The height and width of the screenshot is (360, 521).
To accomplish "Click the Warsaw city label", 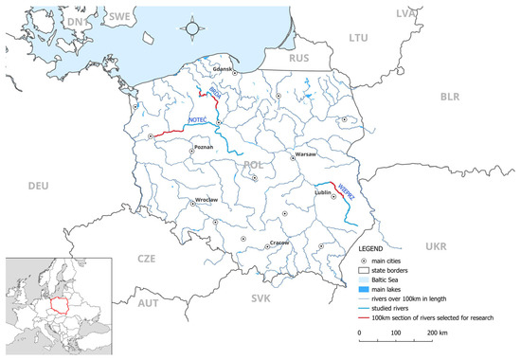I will click(x=305, y=153).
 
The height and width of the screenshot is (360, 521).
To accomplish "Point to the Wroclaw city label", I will click(x=206, y=199).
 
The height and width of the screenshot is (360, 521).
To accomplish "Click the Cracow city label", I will click(x=279, y=242).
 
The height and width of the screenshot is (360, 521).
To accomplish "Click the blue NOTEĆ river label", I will click(x=196, y=122).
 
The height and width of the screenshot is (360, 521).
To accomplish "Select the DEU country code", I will click(x=38, y=186).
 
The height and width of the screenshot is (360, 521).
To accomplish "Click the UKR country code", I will click(x=435, y=246).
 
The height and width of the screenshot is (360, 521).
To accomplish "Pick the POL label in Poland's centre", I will click(x=253, y=166).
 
